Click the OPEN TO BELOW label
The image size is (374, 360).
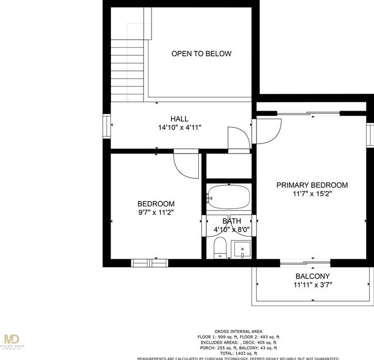pyautogui.click(x=201, y=53)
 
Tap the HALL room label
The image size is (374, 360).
pyautogui.click(x=179, y=119)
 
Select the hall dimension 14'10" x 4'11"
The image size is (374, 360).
pyautogui.click(x=179, y=127)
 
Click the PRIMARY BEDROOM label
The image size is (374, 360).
pyautogui.click(x=312, y=185)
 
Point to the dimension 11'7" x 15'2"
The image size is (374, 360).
pyautogui.click(x=312, y=194)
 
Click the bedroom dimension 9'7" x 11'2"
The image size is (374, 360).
pyautogui.click(x=155, y=212)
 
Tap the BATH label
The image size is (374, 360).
pyautogui.click(x=231, y=221)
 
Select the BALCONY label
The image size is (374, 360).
pyautogui.click(x=312, y=276)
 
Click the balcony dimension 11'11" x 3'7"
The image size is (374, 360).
pyautogui.click(x=312, y=285)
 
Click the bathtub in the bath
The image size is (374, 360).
pyautogui.click(x=228, y=198)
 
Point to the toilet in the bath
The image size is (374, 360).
pyautogui.click(x=220, y=248)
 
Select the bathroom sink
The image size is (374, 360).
pyautogui.click(x=242, y=249)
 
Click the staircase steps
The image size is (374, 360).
pyautogui.click(x=127, y=72)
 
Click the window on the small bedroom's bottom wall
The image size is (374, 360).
pyautogui.click(x=150, y=263)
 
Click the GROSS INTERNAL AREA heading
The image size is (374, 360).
pyautogui.click(x=238, y=331)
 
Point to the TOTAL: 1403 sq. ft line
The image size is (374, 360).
pyautogui.click(x=238, y=353)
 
